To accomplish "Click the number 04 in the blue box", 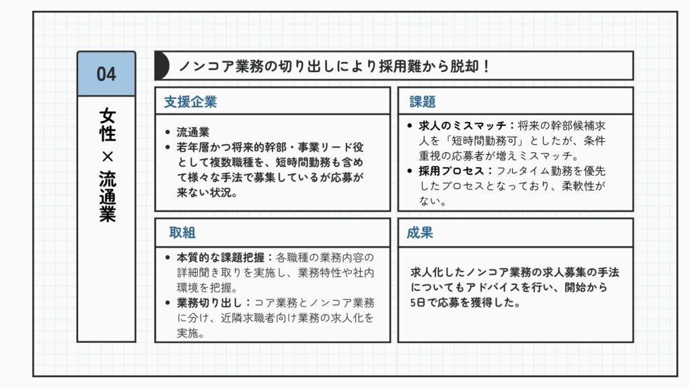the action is (x=106, y=74).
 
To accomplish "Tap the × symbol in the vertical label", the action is (x=107, y=156).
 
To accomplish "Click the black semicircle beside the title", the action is (x=162, y=65).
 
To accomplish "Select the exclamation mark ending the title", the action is (x=486, y=66).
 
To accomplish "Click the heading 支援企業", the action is (x=190, y=102).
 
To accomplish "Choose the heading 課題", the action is (x=423, y=102).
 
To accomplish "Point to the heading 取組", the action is (x=182, y=232).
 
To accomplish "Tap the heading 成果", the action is (x=420, y=232).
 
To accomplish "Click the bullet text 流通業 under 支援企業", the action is (x=193, y=132).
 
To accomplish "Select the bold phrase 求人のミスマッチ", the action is (x=462, y=126).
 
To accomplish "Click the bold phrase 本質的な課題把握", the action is (x=221, y=257).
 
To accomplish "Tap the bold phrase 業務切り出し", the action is (x=210, y=302).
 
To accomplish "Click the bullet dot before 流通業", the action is (x=168, y=132).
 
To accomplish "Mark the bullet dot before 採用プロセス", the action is (x=410, y=170).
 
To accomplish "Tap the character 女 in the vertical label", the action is (x=107, y=116).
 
